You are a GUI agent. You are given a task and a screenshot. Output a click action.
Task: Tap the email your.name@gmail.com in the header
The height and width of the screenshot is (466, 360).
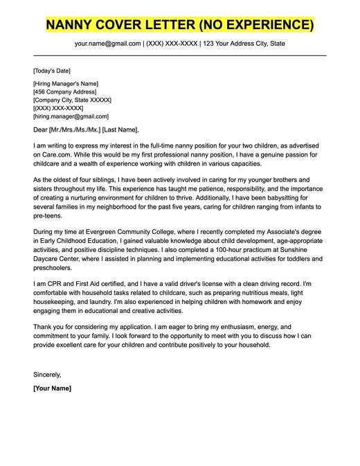[x=108, y=44]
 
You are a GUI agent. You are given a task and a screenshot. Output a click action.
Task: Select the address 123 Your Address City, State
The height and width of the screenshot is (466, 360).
[x=243, y=44]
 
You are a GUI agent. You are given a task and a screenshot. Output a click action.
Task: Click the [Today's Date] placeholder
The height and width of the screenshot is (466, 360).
[x=51, y=71]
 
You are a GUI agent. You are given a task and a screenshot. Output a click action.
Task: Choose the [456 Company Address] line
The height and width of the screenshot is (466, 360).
[x=65, y=92]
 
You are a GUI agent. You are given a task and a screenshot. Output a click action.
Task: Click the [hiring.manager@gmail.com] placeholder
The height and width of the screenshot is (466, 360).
[x=71, y=117]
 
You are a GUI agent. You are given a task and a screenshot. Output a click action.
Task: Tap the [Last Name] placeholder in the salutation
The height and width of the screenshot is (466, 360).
[x=121, y=129]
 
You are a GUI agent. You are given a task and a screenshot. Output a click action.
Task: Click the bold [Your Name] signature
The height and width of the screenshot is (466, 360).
[x=52, y=388]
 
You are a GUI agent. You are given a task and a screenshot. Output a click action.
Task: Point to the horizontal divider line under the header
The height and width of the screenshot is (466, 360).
[x=180, y=55]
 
